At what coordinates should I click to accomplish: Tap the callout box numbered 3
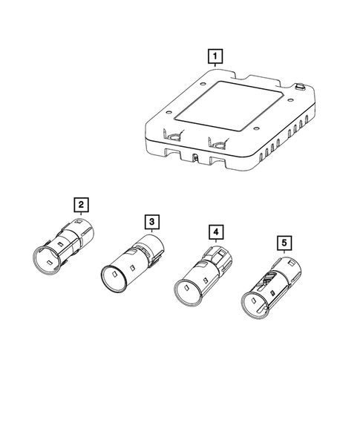(x=151, y=221)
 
